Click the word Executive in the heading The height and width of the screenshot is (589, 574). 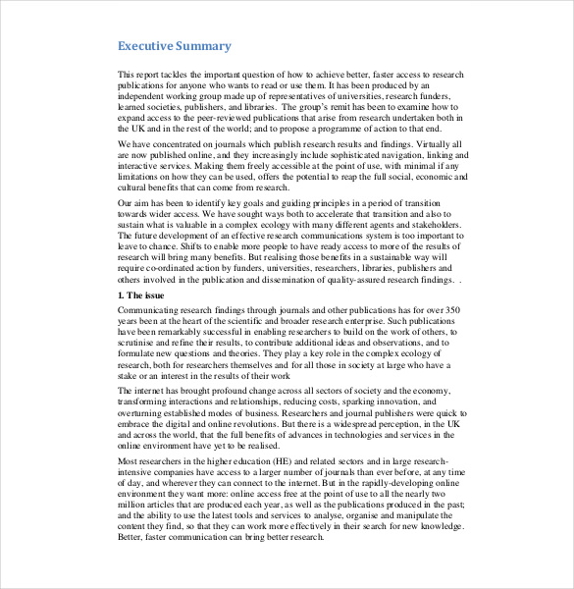(146, 46)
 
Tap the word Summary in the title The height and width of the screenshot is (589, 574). (204, 46)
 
